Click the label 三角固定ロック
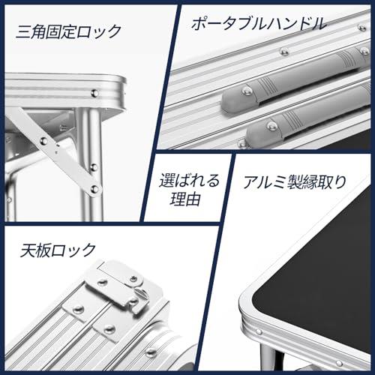69,31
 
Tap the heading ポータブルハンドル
259,24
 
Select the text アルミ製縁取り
295,181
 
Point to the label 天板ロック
58,250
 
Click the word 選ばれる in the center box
189,181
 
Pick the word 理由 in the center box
185,199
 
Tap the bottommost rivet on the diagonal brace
94,188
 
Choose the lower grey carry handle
307,118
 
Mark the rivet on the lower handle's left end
271,125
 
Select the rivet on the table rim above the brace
95,94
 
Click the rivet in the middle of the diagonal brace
43,140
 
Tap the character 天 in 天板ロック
27,250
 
